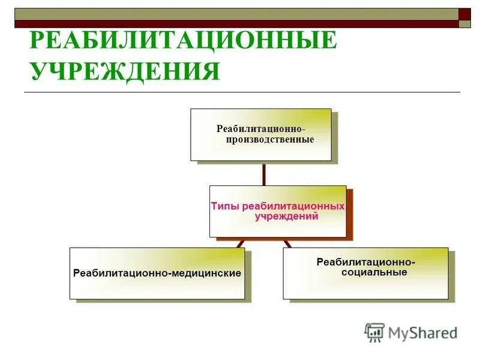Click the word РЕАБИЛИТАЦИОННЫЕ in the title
[x=182, y=41]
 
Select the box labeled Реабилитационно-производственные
[x=261, y=134]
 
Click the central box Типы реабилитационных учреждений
[x=278, y=211]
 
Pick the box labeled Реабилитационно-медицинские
[x=157, y=273]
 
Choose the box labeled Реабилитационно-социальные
[x=365, y=273]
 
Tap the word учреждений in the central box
[x=286, y=217]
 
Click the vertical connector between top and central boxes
[x=263, y=173]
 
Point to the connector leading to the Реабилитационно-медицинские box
[x=240, y=244]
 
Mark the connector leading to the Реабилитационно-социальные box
[x=287, y=244]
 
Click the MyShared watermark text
[x=422, y=332]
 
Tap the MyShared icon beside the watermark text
[x=374, y=332]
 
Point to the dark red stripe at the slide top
[x=240, y=24]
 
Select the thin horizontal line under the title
[x=240, y=92]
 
